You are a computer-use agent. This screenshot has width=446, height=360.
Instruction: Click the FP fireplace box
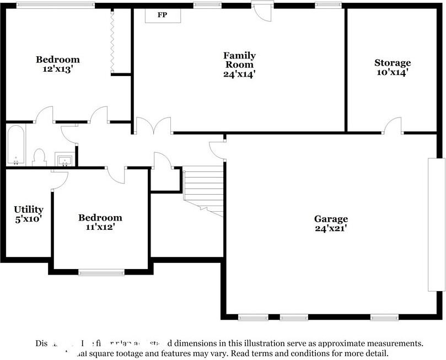point(163,15)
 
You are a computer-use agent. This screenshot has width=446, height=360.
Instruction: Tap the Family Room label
point(239,60)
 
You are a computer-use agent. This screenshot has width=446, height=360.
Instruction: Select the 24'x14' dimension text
point(239,73)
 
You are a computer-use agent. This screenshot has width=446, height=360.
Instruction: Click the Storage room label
point(393,63)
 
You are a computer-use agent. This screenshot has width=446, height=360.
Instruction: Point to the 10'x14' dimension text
point(393,72)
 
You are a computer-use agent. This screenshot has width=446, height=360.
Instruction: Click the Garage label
point(331,218)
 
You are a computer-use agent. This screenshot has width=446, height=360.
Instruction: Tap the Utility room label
point(29,209)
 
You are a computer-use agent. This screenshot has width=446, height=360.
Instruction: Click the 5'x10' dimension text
point(29,219)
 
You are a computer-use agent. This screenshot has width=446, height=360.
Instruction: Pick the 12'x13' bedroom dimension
point(57,69)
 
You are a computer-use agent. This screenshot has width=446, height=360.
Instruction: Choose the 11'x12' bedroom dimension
point(100,227)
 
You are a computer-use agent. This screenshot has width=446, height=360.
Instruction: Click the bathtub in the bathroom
point(15,145)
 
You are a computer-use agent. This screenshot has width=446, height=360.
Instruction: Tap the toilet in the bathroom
point(39,157)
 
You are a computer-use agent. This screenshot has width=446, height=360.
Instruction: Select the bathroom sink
point(66,160)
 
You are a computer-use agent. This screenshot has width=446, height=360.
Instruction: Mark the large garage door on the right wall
point(436,224)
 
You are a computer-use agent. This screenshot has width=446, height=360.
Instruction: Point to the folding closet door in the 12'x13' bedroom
point(112,41)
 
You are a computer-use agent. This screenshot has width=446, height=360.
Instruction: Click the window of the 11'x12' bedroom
point(101,272)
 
